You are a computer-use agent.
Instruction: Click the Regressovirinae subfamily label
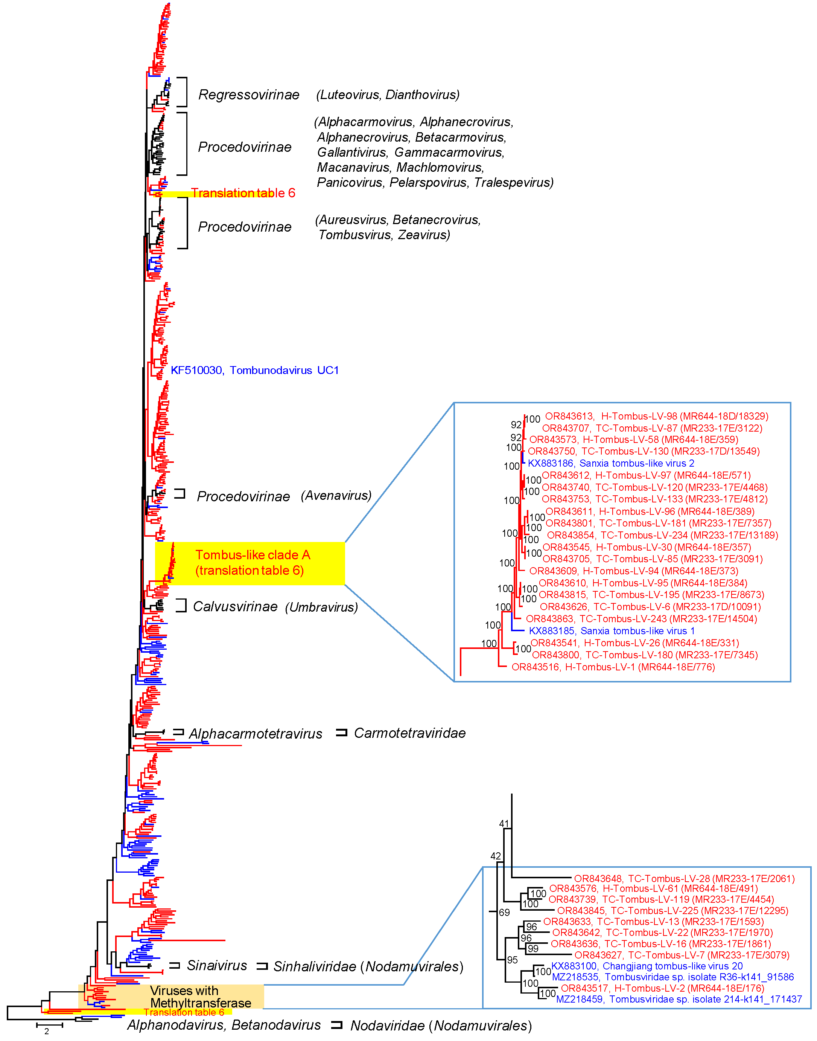[x=249, y=95]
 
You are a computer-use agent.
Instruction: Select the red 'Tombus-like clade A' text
[x=253, y=555]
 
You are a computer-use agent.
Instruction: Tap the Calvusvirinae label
[x=235, y=606]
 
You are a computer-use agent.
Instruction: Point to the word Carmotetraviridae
[x=409, y=733]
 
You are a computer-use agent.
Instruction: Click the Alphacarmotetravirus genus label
[x=256, y=733]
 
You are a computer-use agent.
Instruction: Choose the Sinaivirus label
[x=217, y=965]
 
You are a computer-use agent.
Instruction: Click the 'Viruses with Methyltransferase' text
[x=200, y=997]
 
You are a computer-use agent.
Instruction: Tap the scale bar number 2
[x=46, y=1031]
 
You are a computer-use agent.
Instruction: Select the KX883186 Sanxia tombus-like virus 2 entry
[x=611, y=463]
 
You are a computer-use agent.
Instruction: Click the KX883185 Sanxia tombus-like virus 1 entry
[x=611, y=630]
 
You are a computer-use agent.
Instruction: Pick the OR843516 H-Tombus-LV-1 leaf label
[x=613, y=667]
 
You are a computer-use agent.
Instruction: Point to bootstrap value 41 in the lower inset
[x=504, y=824]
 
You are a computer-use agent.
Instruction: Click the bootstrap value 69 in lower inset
[x=504, y=912]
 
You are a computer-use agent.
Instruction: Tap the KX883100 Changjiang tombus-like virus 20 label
[x=647, y=966]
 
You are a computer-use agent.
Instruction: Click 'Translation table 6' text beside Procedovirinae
[x=243, y=193]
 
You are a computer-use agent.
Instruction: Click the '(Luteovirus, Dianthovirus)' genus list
[x=388, y=95]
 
